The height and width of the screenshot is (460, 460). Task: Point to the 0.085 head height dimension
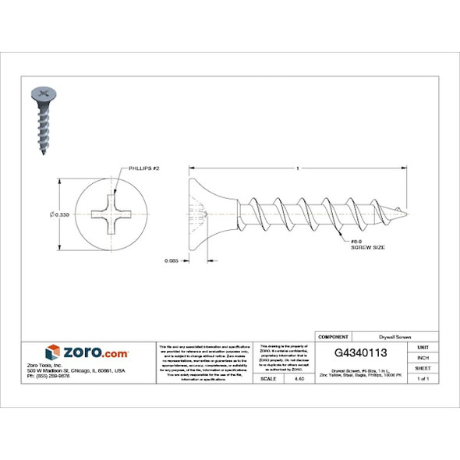point(174,260)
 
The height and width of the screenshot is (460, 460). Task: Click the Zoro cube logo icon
point(52,352)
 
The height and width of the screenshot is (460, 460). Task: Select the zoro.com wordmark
point(95,352)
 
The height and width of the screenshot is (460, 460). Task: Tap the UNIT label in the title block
point(423,347)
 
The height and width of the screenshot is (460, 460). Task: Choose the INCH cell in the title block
point(423,357)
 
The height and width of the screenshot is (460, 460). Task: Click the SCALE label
point(267,378)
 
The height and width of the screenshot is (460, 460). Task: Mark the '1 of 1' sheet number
point(423,378)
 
